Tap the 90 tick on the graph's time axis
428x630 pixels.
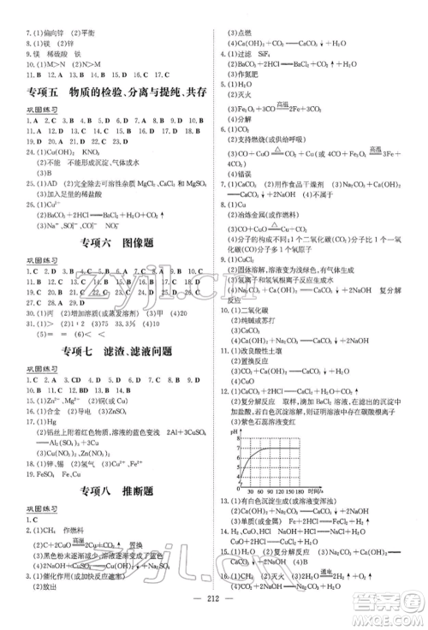coord(262,494)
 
